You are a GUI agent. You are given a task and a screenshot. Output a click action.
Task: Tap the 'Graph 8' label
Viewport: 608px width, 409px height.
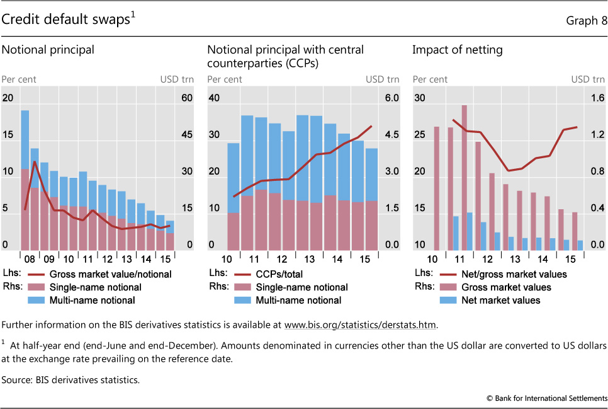(586, 21)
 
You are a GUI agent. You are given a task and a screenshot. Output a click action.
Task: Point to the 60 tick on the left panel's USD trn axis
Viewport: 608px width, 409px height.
(186, 98)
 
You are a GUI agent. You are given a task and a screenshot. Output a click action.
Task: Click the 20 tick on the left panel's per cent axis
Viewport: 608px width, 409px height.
(8, 98)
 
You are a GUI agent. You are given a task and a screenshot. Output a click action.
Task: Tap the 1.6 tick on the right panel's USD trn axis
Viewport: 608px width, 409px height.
(597, 98)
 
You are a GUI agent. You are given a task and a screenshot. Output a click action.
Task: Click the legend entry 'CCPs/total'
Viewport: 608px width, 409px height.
(277, 274)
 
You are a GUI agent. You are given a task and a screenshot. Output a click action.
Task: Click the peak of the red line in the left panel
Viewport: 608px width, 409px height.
(35, 162)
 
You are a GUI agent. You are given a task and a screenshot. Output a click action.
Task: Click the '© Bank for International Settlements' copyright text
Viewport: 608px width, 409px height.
(546, 398)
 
